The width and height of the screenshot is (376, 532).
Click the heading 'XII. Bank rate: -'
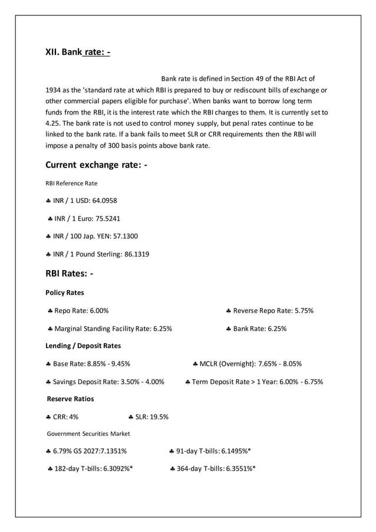pyautogui.click(x=78, y=52)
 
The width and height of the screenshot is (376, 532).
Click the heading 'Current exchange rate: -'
pyautogui.click(x=96, y=165)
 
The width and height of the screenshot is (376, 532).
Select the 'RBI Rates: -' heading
pyautogui.click(x=70, y=273)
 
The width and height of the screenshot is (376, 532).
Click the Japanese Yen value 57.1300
pyautogui.click(x=121, y=237)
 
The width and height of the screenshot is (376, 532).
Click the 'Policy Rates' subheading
pyautogui.click(x=64, y=293)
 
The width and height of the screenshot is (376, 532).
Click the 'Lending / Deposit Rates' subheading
pyautogui.click(x=83, y=346)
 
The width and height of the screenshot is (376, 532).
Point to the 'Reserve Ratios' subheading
pyautogui.click(x=70, y=399)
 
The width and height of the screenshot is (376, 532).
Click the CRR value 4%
pyautogui.click(x=73, y=417)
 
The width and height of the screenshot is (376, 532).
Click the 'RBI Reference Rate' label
pyautogui.click(x=71, y=183)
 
